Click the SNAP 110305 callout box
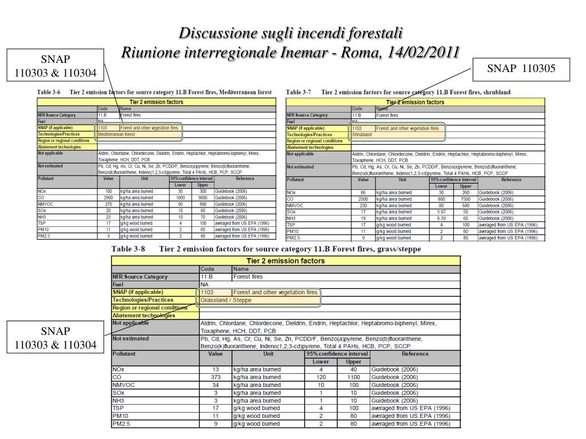[522, 69]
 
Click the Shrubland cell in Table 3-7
[362, 135]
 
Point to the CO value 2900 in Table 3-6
[108, 198]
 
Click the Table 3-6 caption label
[49, 92]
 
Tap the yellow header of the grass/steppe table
[285, 261]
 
